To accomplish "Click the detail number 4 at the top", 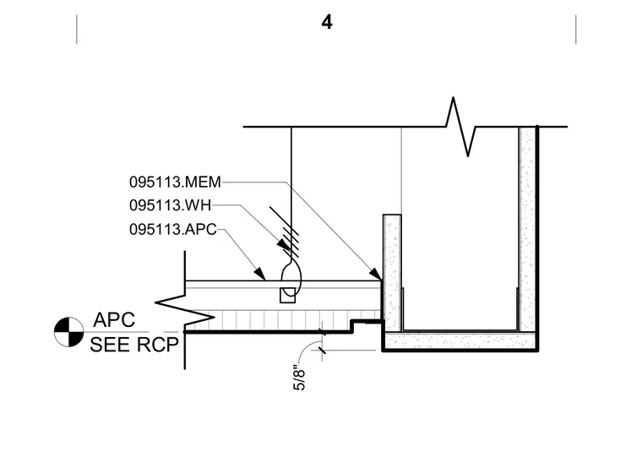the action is [327, 22].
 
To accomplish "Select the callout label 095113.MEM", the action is [175, 182].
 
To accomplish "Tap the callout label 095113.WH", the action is [171, 205].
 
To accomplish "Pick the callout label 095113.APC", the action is [173, 229].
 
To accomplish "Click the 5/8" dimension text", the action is [300, 379].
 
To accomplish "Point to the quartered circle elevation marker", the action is [68, 332].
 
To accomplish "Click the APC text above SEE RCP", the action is [114, 320].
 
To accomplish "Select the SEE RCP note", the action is [134, 345].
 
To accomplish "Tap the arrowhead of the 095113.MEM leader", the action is [376, 273].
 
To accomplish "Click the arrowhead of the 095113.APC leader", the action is [259, 273].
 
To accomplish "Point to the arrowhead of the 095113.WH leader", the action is [283, 244].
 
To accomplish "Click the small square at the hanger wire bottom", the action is [287, 295].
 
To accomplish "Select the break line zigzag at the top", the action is [460, 126].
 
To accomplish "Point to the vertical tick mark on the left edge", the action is [77, 29].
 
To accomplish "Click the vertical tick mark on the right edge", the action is [575, 29].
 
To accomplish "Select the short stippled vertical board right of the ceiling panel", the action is [392, 273].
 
